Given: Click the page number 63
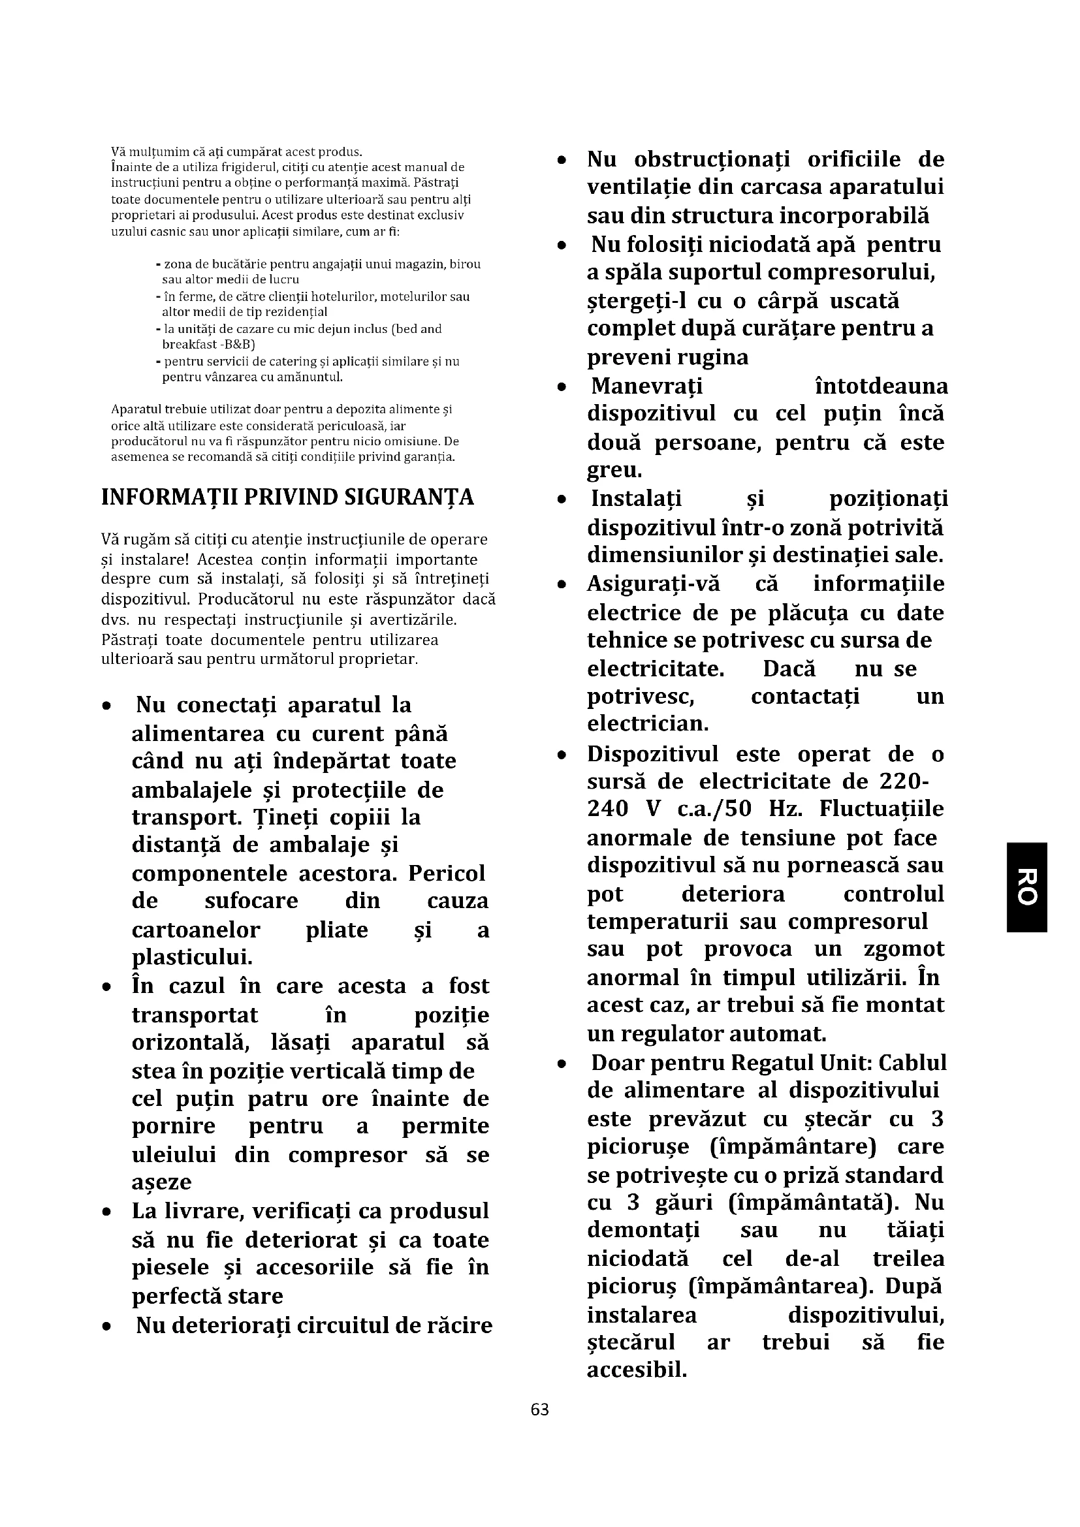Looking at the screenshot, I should (x=539, y=1409).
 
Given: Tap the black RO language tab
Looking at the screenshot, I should (x=1028, y=887).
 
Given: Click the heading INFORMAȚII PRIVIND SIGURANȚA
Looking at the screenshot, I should (x=288, y=497).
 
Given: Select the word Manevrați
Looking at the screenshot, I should (x=646, y=386).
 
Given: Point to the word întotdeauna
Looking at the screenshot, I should (x=881, y=386).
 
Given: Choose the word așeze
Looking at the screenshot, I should (x=161, y=1182).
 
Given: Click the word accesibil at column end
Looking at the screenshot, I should (x=637, y=1370).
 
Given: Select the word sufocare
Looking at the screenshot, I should (x=251, y=900).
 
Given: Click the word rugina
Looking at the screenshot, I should (x=713, y=357).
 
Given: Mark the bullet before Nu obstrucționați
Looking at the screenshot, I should (x=562, y=161).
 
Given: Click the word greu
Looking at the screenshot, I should (x=614, y=470).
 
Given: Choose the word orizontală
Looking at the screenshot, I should (x=193, y=1042).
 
